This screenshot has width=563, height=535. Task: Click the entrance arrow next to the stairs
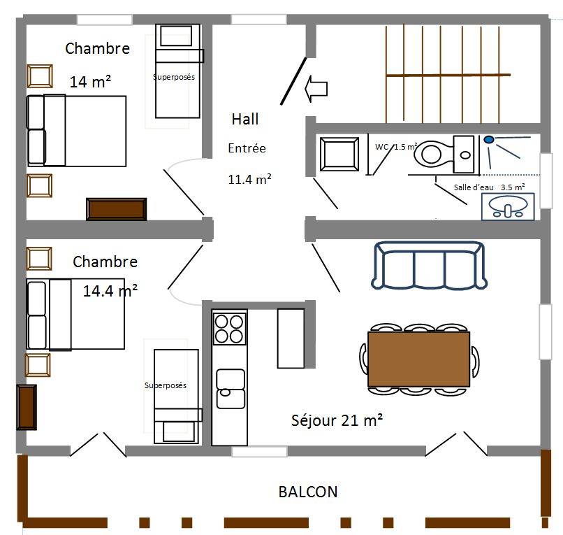point(316,89)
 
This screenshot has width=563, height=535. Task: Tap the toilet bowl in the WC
point(432,155)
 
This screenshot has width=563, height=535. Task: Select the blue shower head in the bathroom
point(489,139)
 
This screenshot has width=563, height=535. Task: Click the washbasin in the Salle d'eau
point(508,207)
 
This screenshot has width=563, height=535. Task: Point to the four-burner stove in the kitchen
point(229,329)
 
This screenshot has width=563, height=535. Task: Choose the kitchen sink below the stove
point(231,389)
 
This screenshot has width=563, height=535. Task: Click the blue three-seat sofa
point(429,265)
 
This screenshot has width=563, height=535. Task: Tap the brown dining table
point(418,359)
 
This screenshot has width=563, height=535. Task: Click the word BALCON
point(308,492)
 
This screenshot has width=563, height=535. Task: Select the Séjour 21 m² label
point(337,420)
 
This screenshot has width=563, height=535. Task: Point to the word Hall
point(245,119)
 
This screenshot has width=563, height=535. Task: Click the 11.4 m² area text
point(249,179)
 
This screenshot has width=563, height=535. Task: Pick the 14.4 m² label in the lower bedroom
point(110,290)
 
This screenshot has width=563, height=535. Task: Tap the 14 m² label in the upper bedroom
point(90,82)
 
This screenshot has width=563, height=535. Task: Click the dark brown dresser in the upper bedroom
point(117,209)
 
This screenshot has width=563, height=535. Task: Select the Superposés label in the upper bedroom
point(174,77)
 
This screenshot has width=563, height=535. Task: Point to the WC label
point(381,147)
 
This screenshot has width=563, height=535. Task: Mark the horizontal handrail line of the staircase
point(448,75)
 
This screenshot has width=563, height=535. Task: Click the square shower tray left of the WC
point(339,154)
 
